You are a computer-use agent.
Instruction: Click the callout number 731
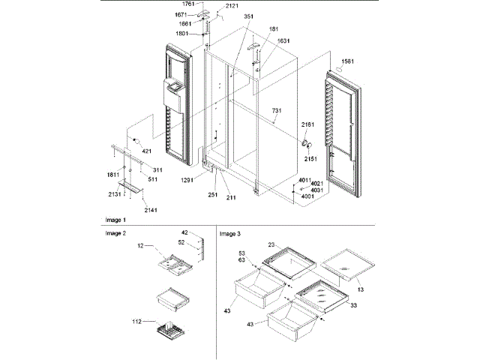coord(277,111)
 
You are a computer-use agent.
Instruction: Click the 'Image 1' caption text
coord(116,220)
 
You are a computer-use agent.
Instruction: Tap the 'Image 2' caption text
coord(116,233)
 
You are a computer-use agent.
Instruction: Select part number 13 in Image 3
coord(361,289)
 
